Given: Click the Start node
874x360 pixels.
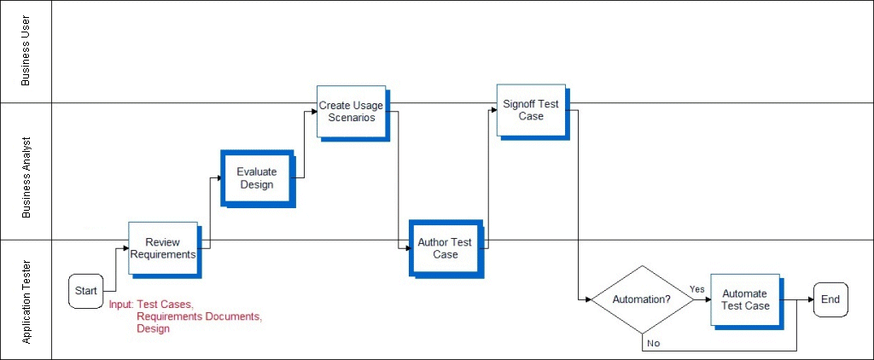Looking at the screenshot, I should click(x=86, y=291).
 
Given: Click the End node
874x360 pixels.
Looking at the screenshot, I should click(x=830, y=299).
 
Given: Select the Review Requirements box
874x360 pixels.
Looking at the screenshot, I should click(x=163, y=248).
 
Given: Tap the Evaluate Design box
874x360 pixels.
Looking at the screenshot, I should click(x=257, y=177).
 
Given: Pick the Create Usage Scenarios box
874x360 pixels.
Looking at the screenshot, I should click(x=351, y=111).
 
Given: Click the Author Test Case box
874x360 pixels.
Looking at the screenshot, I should click(x=445, y=248).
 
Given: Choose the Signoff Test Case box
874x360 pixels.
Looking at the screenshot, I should click(x=531, y=110).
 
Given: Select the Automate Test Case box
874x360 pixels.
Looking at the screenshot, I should click(x=745, y=299).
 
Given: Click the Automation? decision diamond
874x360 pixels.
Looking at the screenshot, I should click(x=643, y=299).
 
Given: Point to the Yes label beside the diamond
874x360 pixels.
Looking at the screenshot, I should click(x=696, y=289).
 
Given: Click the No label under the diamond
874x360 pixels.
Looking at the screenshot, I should click(x=653, y=343).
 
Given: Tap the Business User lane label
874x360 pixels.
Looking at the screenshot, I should click(x=26, y=51).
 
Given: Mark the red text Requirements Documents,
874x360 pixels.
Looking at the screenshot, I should click(x=199, y=316).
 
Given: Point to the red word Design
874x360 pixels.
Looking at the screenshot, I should click(x=154, y=328).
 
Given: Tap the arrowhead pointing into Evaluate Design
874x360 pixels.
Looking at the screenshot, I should click(x=218, y=178).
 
